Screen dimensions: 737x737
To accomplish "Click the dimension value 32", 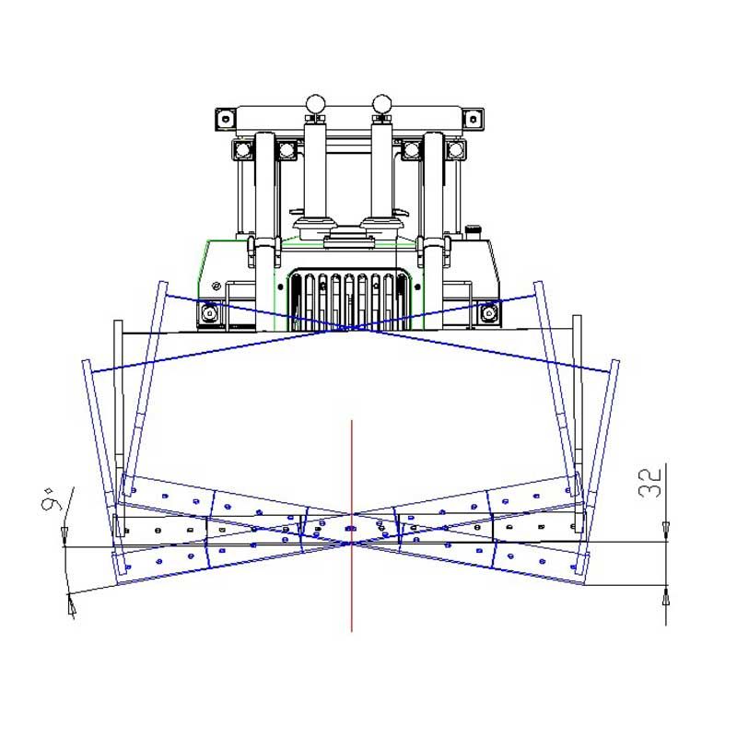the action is [650, 483].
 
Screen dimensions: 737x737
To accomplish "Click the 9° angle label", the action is [52, 499].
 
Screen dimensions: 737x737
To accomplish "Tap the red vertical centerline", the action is [352, 526].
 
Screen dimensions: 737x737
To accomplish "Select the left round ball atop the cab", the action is [315, 103].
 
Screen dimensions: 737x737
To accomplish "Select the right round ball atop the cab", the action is [381, 103].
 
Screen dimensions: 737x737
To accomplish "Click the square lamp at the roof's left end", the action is [226, 119].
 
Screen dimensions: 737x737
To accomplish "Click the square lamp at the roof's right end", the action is [474, 119].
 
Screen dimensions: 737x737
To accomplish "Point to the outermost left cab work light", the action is [242, 150].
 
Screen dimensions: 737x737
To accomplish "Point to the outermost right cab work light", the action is [455, 150].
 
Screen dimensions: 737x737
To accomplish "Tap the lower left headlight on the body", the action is [210, 312].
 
